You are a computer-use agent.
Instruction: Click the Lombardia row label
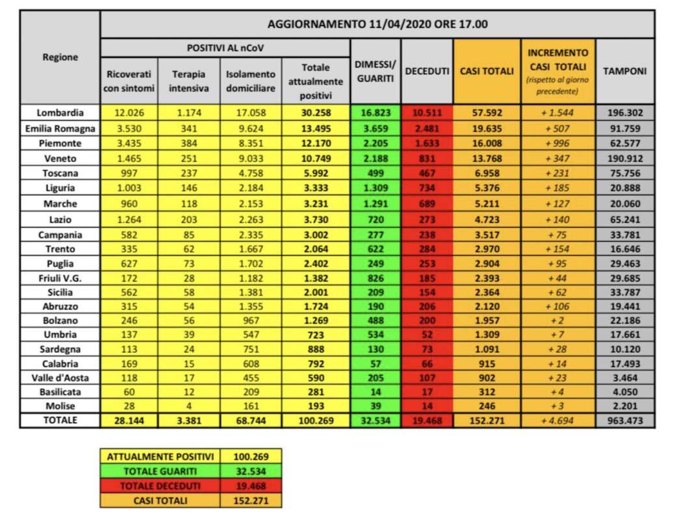pyautogui.click(x=60, y=112)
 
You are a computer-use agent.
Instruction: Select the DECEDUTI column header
pyautogui.click(x=427, y=71)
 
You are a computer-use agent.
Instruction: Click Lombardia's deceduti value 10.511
pyautogui.click(x=427, y=112)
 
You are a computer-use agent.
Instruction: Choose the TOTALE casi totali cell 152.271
pyautogui.click(x=487, y=421)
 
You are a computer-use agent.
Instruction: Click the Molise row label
pyautogui.click(x=60, y=406)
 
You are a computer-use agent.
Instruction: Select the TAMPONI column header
pyautogui.click(x=624, y=71)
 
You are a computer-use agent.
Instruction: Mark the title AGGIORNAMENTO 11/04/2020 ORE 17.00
pyautogui.click(x=378, y=25)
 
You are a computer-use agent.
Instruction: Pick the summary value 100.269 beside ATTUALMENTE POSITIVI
pyautogui.click(x=250, y=456)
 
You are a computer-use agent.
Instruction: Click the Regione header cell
pyautogui.click(x=60, y=57)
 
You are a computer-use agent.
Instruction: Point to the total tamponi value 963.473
pyautogui.click(x=624, y=421)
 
